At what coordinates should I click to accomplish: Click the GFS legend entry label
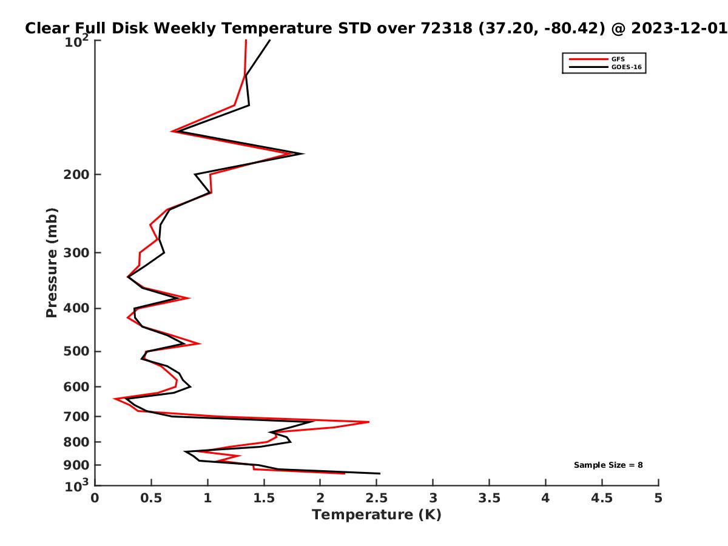tap(618, 59)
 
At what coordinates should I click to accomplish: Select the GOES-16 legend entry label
tap(626, 67)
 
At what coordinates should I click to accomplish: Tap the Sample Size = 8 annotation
tap(608, 465)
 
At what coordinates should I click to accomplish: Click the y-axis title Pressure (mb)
tap(52, 263)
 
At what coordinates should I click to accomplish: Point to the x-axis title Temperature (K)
tap(377, 515)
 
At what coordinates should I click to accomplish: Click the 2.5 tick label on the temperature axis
tap(377, 498)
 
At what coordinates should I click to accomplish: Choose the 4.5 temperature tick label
tap(602, 498)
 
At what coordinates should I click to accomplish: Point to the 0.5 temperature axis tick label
tap(151, 498)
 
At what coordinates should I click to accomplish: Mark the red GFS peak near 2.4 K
tap(369, 422)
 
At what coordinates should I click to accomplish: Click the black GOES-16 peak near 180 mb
tap(303, 153)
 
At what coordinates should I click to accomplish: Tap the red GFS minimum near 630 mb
tap(114, 399)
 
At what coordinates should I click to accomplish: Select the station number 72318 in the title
tap(447, 28)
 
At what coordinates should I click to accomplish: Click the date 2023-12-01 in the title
tap(679, 28)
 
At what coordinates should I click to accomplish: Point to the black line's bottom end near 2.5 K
tap(380, 473)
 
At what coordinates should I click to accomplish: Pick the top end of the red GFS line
tap(246, 40)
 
